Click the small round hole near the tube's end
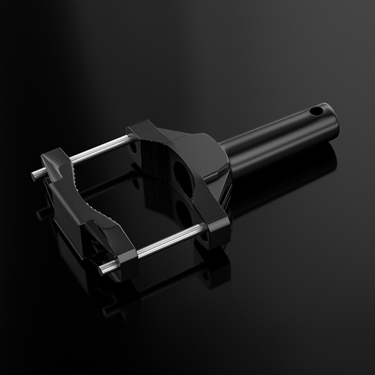coord(316,111)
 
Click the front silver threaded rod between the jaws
coord(170,240)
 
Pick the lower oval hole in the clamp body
coord(183,212)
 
